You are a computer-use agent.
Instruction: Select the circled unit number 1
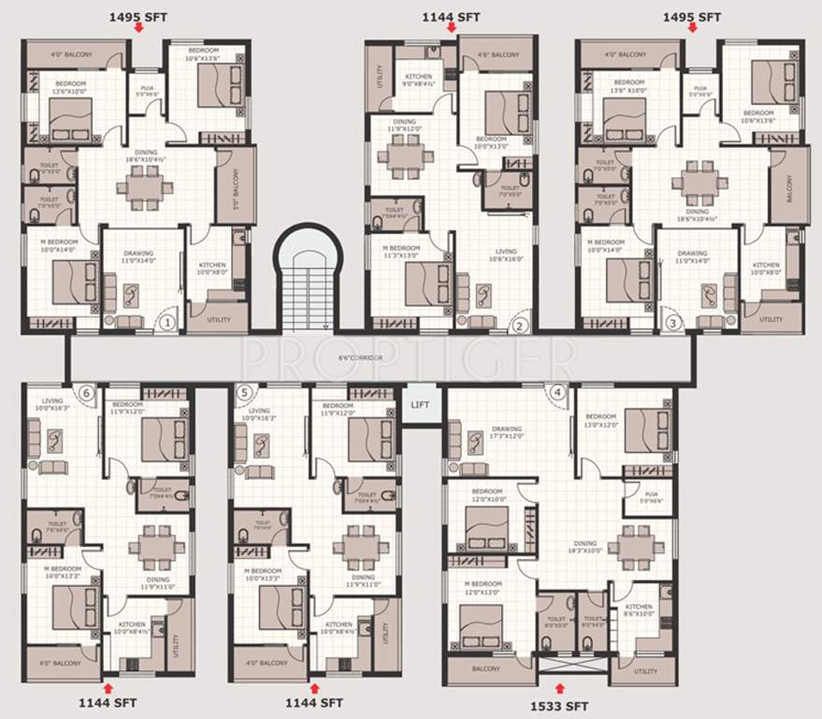(x=166, y=323)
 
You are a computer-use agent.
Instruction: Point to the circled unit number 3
(x=671, y=324)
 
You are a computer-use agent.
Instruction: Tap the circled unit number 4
(x=558, y=392)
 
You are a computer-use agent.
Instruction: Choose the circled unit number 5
(x=245, y=392)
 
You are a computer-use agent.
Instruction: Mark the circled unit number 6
(x=87, y=392)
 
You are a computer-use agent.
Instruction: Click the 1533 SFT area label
(x=558, y=706)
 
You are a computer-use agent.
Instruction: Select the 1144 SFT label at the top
(x=451, y=17)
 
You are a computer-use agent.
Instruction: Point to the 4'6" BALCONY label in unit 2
(x=498, y=55)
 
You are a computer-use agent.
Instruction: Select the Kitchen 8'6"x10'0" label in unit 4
(x=639, y=609)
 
